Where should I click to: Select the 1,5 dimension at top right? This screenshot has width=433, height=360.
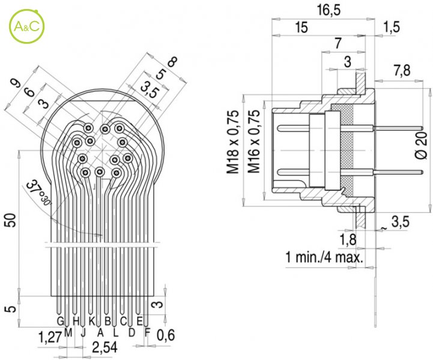click(x=392, y=27)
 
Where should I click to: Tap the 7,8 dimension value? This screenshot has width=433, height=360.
click(x=402, y=70)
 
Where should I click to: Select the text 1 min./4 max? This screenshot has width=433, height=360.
click(x=325, y=258)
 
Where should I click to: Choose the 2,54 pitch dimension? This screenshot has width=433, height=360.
click(x=104, y=347)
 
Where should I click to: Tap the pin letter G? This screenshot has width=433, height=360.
click(x=60, y=321)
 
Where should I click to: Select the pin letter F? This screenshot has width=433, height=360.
click(x=147, y=331)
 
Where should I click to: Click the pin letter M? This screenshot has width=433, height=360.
click(x=68, y=331)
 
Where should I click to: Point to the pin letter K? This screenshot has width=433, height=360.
click(x=92, y=321)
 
